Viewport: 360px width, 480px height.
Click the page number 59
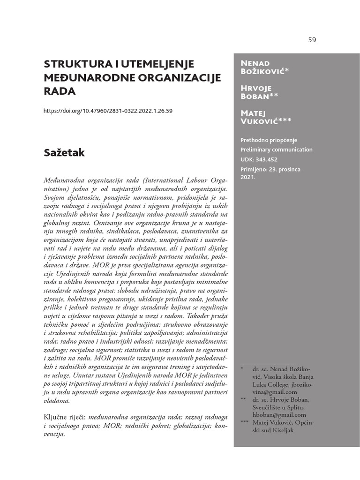pyautogui.click(x=312, y=40)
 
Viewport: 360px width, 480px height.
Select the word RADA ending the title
pyautogui.click(x=60, y=91)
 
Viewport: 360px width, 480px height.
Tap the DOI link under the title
pyautogui.click(x=108, y=111)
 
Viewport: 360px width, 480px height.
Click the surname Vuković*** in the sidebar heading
pyautogui.click(x=266, y=121)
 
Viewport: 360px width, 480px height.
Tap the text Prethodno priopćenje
pyautogui.click(x=269, y=140)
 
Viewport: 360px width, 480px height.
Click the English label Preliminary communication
pyautogui.click(x=276, y=150)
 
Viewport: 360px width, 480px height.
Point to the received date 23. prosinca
pyautogui.click(x=284, y=169)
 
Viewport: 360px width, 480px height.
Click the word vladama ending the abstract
pyautogui.click(x=56, y=401)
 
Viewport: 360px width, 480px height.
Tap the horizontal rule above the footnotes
pyautogui.click(x=268, y=363)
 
